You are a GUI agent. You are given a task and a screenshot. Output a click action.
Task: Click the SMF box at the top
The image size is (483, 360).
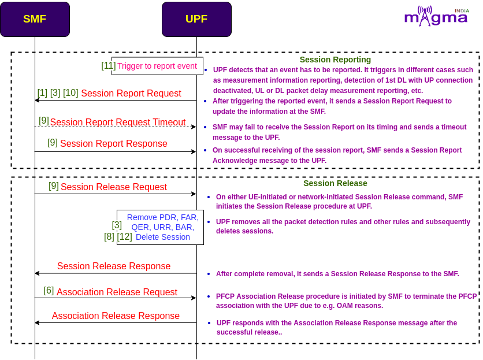tap(35, 19)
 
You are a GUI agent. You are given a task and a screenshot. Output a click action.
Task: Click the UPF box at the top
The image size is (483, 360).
tap(196, 19)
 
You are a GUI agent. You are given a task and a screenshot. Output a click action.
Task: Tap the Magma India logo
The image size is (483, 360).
tap(437, 16)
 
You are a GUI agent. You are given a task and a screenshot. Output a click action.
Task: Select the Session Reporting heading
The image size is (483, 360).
tap(335, 60)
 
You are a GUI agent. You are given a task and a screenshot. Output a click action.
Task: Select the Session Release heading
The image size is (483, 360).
tap(335, 183)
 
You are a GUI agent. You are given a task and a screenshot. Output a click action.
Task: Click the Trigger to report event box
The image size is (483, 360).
tap(157, 66)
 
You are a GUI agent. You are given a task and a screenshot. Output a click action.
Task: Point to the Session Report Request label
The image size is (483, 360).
tap(131, 94)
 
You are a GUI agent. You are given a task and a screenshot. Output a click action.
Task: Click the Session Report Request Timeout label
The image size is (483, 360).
tap(118, 122)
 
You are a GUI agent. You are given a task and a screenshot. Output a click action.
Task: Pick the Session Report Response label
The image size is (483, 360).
tap(114, 144)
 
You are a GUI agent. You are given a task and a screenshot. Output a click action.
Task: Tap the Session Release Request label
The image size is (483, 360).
tap(114, 187)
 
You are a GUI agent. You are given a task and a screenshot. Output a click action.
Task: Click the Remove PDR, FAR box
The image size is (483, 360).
tap(160, 228)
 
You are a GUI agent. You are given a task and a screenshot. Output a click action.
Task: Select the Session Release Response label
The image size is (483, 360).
tap(114, 266)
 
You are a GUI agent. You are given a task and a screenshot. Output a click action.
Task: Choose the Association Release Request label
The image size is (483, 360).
tap(117, 292)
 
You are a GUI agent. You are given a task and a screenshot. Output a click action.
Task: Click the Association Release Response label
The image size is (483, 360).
tap(116, 316)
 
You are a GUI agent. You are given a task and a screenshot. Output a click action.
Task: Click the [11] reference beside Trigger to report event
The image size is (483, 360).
tap(109, 66)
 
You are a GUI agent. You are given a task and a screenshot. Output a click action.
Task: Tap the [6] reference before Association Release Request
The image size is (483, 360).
tap(49, 290)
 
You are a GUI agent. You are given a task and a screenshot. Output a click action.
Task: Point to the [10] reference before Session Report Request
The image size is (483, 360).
tap(70, 93)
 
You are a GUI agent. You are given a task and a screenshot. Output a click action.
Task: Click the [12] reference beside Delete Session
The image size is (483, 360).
tap(124, 237)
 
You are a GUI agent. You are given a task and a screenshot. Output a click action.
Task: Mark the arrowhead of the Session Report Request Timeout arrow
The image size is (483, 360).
tap(194, 127)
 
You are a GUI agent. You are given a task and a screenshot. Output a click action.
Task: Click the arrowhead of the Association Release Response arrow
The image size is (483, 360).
tap(38, 322)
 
